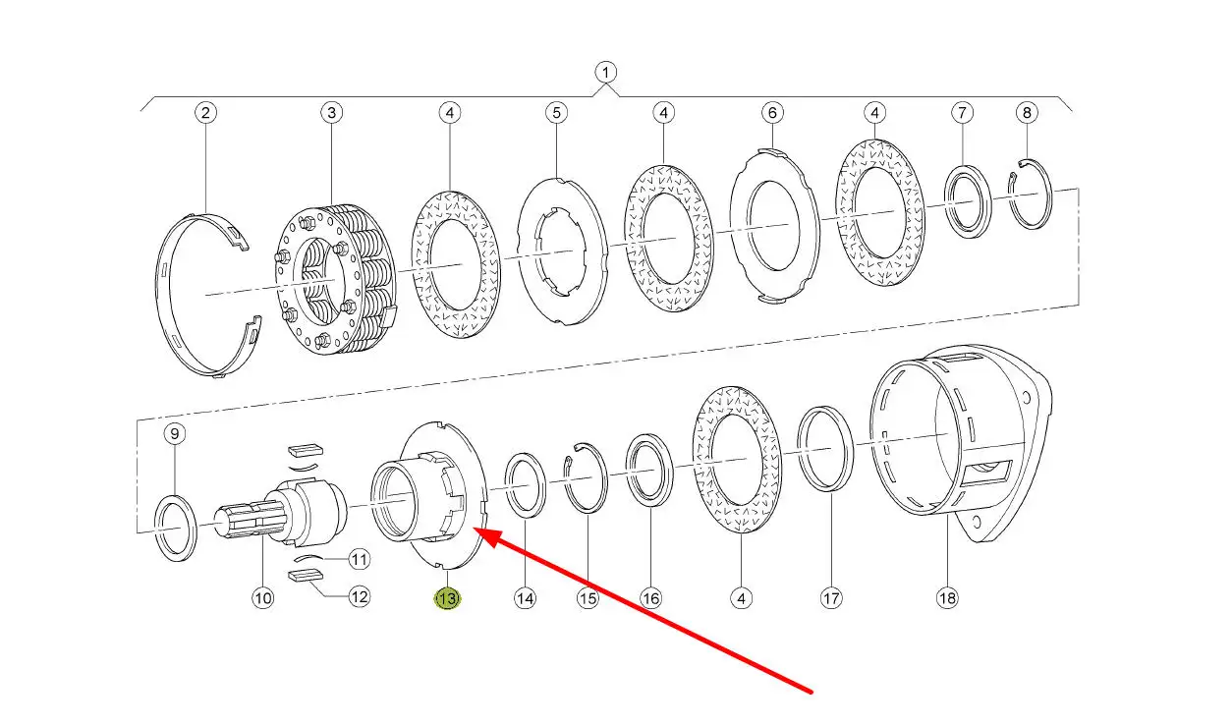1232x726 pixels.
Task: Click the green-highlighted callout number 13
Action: coord(448,598)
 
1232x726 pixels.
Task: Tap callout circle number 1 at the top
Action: coord(605,72)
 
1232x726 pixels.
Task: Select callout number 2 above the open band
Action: coord(205,113)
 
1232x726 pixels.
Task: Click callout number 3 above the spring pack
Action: coord(332,113)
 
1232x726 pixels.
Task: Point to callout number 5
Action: coord(557,113)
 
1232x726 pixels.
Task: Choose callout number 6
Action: coord(772,113)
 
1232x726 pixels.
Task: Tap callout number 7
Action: coord(963,113)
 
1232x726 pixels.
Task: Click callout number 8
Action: coord(1027,113)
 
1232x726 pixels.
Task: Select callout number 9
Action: coord(175,434)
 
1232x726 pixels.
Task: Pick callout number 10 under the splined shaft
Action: coord(263,598)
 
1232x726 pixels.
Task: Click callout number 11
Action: coord(360,560)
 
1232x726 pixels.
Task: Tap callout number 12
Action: coord(360,596)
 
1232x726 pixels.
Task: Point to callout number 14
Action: coord(525,598)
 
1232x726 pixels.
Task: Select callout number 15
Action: coord(588,598)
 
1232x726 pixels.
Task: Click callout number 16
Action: coord(650,598)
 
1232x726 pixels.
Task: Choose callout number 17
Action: coord(831,598)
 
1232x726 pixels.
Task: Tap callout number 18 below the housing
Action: coord(947,598)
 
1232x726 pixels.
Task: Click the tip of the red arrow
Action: coord(475,530)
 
